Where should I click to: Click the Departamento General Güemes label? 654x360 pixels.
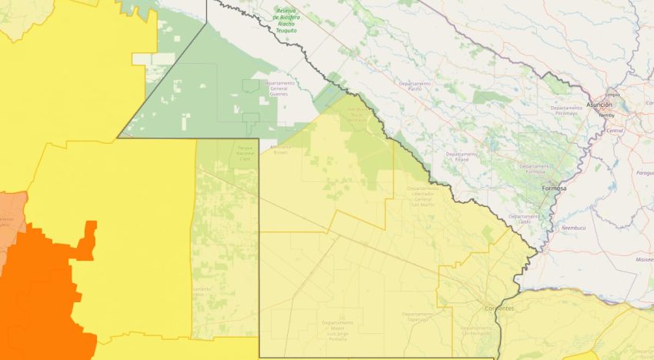tap(279, 87)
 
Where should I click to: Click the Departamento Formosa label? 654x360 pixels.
tap(535, 168)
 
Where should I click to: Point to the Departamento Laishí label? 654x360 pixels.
tap(524, 219)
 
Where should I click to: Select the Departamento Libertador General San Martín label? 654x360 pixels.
tap(424, 196)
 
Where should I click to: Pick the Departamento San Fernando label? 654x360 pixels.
tap(478, 330)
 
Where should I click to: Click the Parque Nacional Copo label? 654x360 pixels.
tap(245, 152)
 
